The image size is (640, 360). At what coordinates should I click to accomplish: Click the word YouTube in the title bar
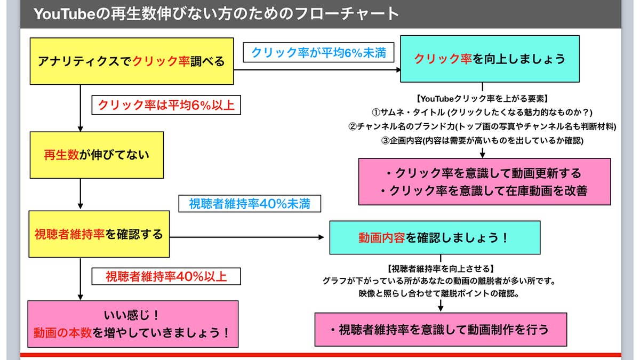pos(65,14)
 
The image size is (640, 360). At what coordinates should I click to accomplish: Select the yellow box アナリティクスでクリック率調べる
pos(131,61)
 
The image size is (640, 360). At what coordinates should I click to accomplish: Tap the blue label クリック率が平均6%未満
pos(318,53)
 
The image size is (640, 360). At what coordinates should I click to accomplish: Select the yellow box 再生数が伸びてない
pos(96,155)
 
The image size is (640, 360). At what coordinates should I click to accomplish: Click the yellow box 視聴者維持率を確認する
pos(98,234)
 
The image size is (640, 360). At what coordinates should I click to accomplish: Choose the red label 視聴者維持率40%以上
pos(166,276)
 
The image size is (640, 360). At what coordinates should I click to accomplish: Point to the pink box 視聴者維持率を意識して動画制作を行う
pos(439,329)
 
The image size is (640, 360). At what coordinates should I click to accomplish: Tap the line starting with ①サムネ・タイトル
pos(482,113)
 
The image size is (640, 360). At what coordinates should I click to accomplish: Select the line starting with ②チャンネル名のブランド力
pos(482,126)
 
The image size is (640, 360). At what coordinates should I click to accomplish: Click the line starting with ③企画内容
pos(482,140)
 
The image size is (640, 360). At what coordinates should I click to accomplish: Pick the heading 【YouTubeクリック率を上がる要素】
pos(482,99)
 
